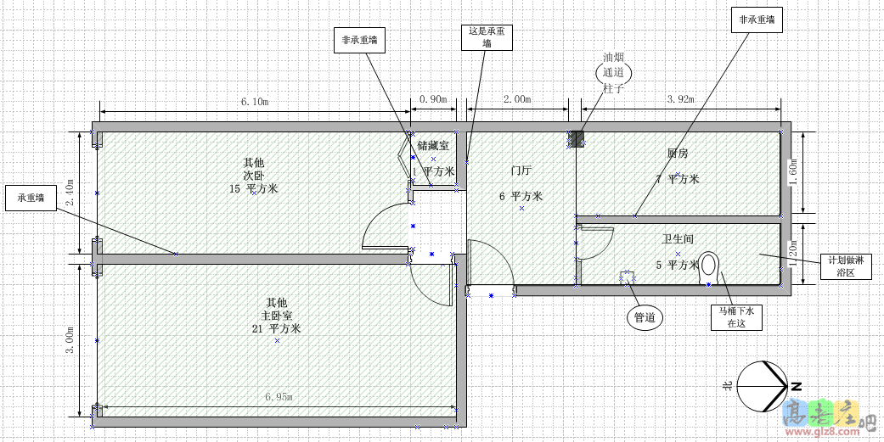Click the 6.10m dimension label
255,101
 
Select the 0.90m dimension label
433,99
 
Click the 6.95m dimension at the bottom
279,396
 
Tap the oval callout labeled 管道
645,318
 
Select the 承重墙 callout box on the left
31,199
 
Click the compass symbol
761,386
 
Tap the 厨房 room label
678,154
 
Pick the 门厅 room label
521,171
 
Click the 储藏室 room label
433,147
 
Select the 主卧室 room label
276,316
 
